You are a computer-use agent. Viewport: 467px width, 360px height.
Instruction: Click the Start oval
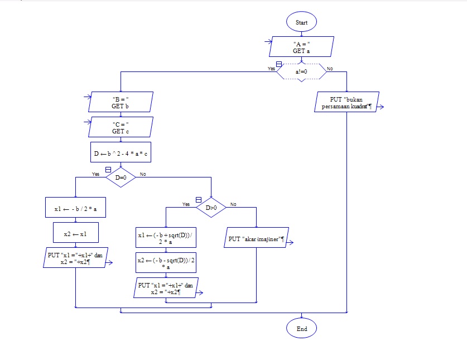coord(301,22)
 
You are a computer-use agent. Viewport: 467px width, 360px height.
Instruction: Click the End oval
coord(301,329)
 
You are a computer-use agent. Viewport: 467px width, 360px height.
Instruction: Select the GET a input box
coord(301,47)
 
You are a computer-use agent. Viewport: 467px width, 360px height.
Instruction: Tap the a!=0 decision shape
coord(301,72)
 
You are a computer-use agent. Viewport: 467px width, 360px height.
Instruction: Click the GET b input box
coord(121,102)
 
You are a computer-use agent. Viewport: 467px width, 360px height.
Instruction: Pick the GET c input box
coord(121,127)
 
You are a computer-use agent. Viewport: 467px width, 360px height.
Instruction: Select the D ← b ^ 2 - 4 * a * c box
coord(121,152)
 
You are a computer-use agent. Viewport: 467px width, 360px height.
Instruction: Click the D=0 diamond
coord(121,177)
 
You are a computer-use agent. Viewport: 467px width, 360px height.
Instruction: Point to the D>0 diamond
coord(211,208)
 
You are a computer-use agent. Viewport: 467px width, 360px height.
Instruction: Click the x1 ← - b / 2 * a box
coord(75,208)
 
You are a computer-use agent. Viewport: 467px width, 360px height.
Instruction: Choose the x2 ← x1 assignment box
coord(75,233)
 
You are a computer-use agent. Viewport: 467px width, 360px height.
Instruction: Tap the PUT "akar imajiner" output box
coord(256,238)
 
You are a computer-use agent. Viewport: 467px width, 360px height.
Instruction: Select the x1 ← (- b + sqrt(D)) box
coord(166,238)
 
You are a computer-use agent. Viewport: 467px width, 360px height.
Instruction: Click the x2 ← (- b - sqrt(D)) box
coord(166,263)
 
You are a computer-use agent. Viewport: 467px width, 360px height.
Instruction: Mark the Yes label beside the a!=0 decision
coord(271,69)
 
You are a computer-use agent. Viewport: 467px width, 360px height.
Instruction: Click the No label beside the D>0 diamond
coord(233,204)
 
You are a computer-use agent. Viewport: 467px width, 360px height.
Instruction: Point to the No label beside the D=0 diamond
coord(143,174)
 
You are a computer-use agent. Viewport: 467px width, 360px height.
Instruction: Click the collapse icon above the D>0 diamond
coord(198,199)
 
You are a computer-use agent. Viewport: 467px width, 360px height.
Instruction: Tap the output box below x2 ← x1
coord(75,258)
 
